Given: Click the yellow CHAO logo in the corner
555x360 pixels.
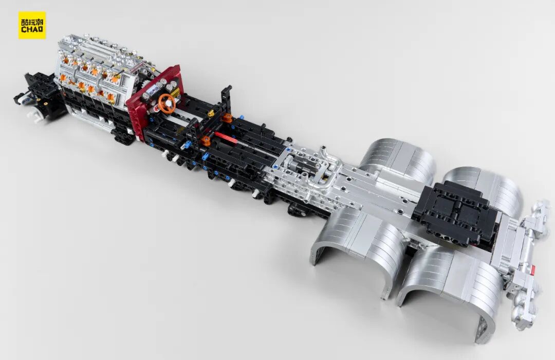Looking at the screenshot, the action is pos(32,25).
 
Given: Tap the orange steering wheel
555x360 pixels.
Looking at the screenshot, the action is pos(166,103).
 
